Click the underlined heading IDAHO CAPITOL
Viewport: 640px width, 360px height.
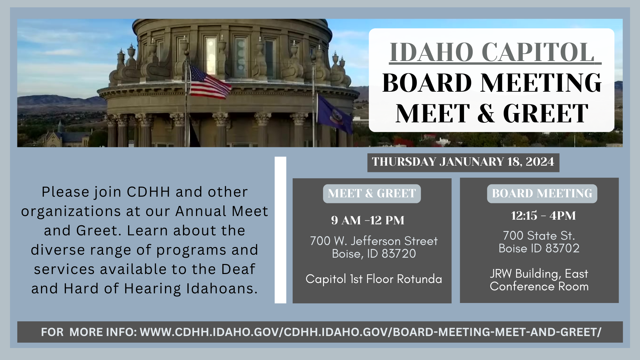coord(492,52)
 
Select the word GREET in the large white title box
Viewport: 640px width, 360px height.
coord(545,114)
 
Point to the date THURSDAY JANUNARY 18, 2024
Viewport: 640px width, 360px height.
coord(463,162)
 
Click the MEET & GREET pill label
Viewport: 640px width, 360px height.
coord(372,194)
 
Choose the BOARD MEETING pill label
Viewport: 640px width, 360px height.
coord(542,194)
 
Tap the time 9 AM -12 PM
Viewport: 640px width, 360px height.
coord(368,220)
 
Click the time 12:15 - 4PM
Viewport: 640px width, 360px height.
coord(543,216)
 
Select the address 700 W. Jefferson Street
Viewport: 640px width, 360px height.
coord(374,241)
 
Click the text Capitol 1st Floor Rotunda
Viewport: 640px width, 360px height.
coord(374,279)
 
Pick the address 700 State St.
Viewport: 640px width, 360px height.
coord(539,236)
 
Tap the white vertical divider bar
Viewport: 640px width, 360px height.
coord(280,230)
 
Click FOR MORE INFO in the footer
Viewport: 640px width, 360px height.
coord(89,332)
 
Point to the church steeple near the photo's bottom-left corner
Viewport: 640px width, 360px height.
coord(60,128)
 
